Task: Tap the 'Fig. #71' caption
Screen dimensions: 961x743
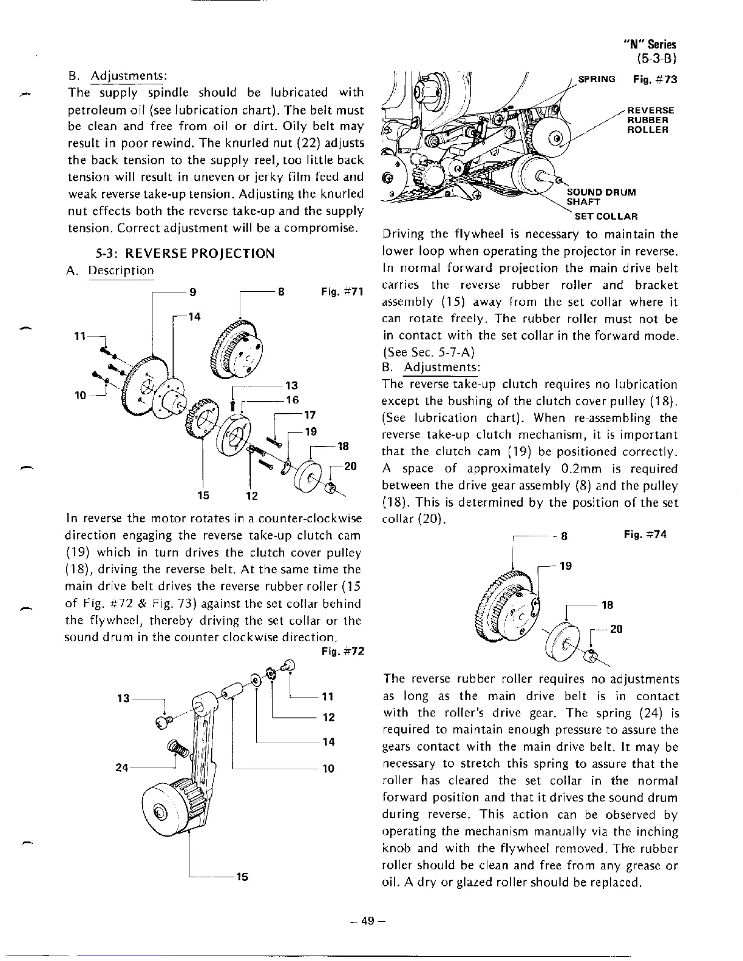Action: click(x=342, y=292)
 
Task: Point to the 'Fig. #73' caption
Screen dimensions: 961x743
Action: click(x=654, y=79)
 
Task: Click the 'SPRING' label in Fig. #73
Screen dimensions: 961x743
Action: click(x=597, y=79)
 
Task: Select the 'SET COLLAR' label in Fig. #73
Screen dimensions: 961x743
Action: click(x=602, y=216)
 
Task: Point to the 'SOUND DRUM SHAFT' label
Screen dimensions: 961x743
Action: click(x=601, y=197)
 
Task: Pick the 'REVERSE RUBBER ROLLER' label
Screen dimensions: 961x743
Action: click(x=650, y=120)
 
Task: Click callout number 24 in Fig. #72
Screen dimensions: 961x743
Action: click(x=122, y=768)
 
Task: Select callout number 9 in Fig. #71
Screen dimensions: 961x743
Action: click(x=192, y=291)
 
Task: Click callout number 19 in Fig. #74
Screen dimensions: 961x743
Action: click(x=565, y=566)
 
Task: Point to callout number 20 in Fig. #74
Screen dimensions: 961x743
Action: click(x=616, y=629)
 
